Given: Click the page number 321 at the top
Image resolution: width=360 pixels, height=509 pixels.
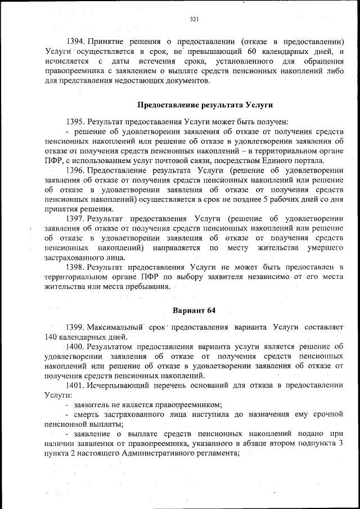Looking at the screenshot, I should pyautogui.click(x=195, y=19).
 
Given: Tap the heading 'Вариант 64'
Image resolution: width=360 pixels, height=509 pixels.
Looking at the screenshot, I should pyautogui.click(x=194, y=311).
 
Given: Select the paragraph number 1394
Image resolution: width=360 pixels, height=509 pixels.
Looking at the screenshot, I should pyautogui.click(x=75, y=42).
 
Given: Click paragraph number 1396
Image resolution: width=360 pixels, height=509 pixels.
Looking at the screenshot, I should pyautogui.click(x=75, y=170).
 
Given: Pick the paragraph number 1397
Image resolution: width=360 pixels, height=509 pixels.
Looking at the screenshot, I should pyautogui.click(x=75, y=219).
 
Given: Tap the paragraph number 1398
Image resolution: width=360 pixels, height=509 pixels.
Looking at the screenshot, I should pyautogui.click(x=75, y=268).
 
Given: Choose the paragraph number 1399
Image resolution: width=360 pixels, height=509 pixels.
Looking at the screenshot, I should pyautogui.click(x=75, y=327).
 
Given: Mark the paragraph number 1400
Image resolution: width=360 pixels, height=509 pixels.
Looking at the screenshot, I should pyautogui.click(x=75, y=347).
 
